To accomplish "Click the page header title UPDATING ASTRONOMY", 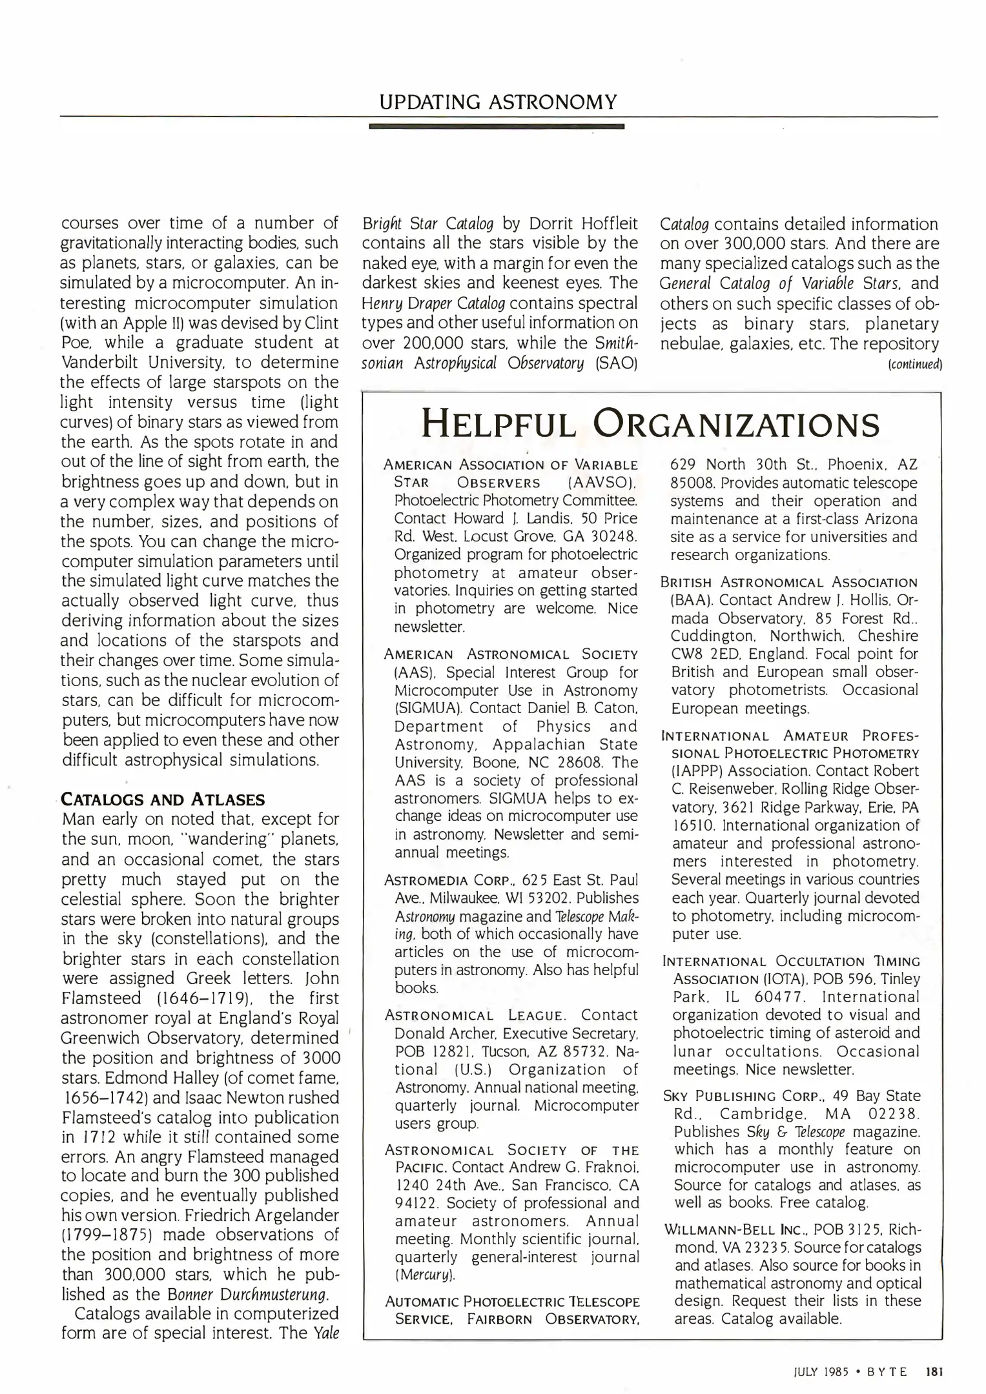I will tap(498, 101).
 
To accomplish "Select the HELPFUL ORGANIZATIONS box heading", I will tap(650, 425).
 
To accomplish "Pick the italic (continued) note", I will tap(915, 365).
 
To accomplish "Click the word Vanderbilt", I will tap(105, 362).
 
